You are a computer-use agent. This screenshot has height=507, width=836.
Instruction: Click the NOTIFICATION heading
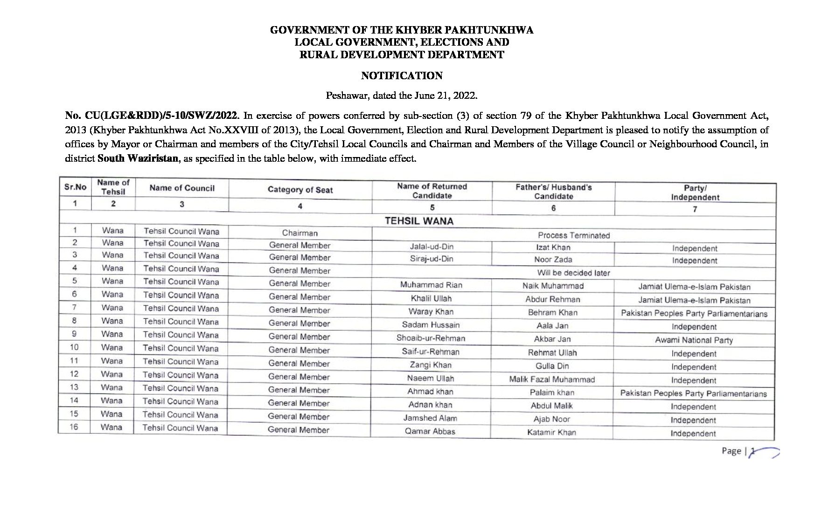tap(402, 75)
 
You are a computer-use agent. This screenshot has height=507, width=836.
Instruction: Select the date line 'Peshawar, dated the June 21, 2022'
tap(401, 96)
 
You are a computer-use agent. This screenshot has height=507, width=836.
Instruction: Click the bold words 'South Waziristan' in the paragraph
tap(138, 158)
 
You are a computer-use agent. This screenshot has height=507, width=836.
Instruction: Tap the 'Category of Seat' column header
tap(300, 190)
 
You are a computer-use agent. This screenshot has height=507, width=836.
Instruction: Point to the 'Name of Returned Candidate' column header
tap(432, 191)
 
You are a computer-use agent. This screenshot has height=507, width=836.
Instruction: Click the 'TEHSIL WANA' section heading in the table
tap(418, 221)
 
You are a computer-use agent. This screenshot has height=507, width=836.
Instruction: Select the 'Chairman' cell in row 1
tap(300, 233)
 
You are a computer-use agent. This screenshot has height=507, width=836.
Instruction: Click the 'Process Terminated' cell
tap(573, 235)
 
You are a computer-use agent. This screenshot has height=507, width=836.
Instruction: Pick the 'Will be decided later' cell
tap(573, 273)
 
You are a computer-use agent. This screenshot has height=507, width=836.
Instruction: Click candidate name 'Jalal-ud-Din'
tap(432, 247)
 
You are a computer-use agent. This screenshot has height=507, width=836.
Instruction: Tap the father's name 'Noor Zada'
tap(553, 260)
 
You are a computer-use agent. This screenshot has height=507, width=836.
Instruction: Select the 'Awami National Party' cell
tap(694, 340)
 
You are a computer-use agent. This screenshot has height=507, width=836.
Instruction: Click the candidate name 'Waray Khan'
tap(431, 312)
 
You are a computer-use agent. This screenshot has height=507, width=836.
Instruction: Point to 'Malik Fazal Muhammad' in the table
tap(552, 379)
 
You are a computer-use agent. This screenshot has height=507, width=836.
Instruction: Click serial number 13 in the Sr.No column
tap(74, 387)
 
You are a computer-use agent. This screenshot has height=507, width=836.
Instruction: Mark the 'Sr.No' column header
tap(75, 187)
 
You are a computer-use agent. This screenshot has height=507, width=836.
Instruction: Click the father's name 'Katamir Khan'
tap(551, 432)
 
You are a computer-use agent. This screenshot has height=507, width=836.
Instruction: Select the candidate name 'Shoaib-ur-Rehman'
tap(431, 338)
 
